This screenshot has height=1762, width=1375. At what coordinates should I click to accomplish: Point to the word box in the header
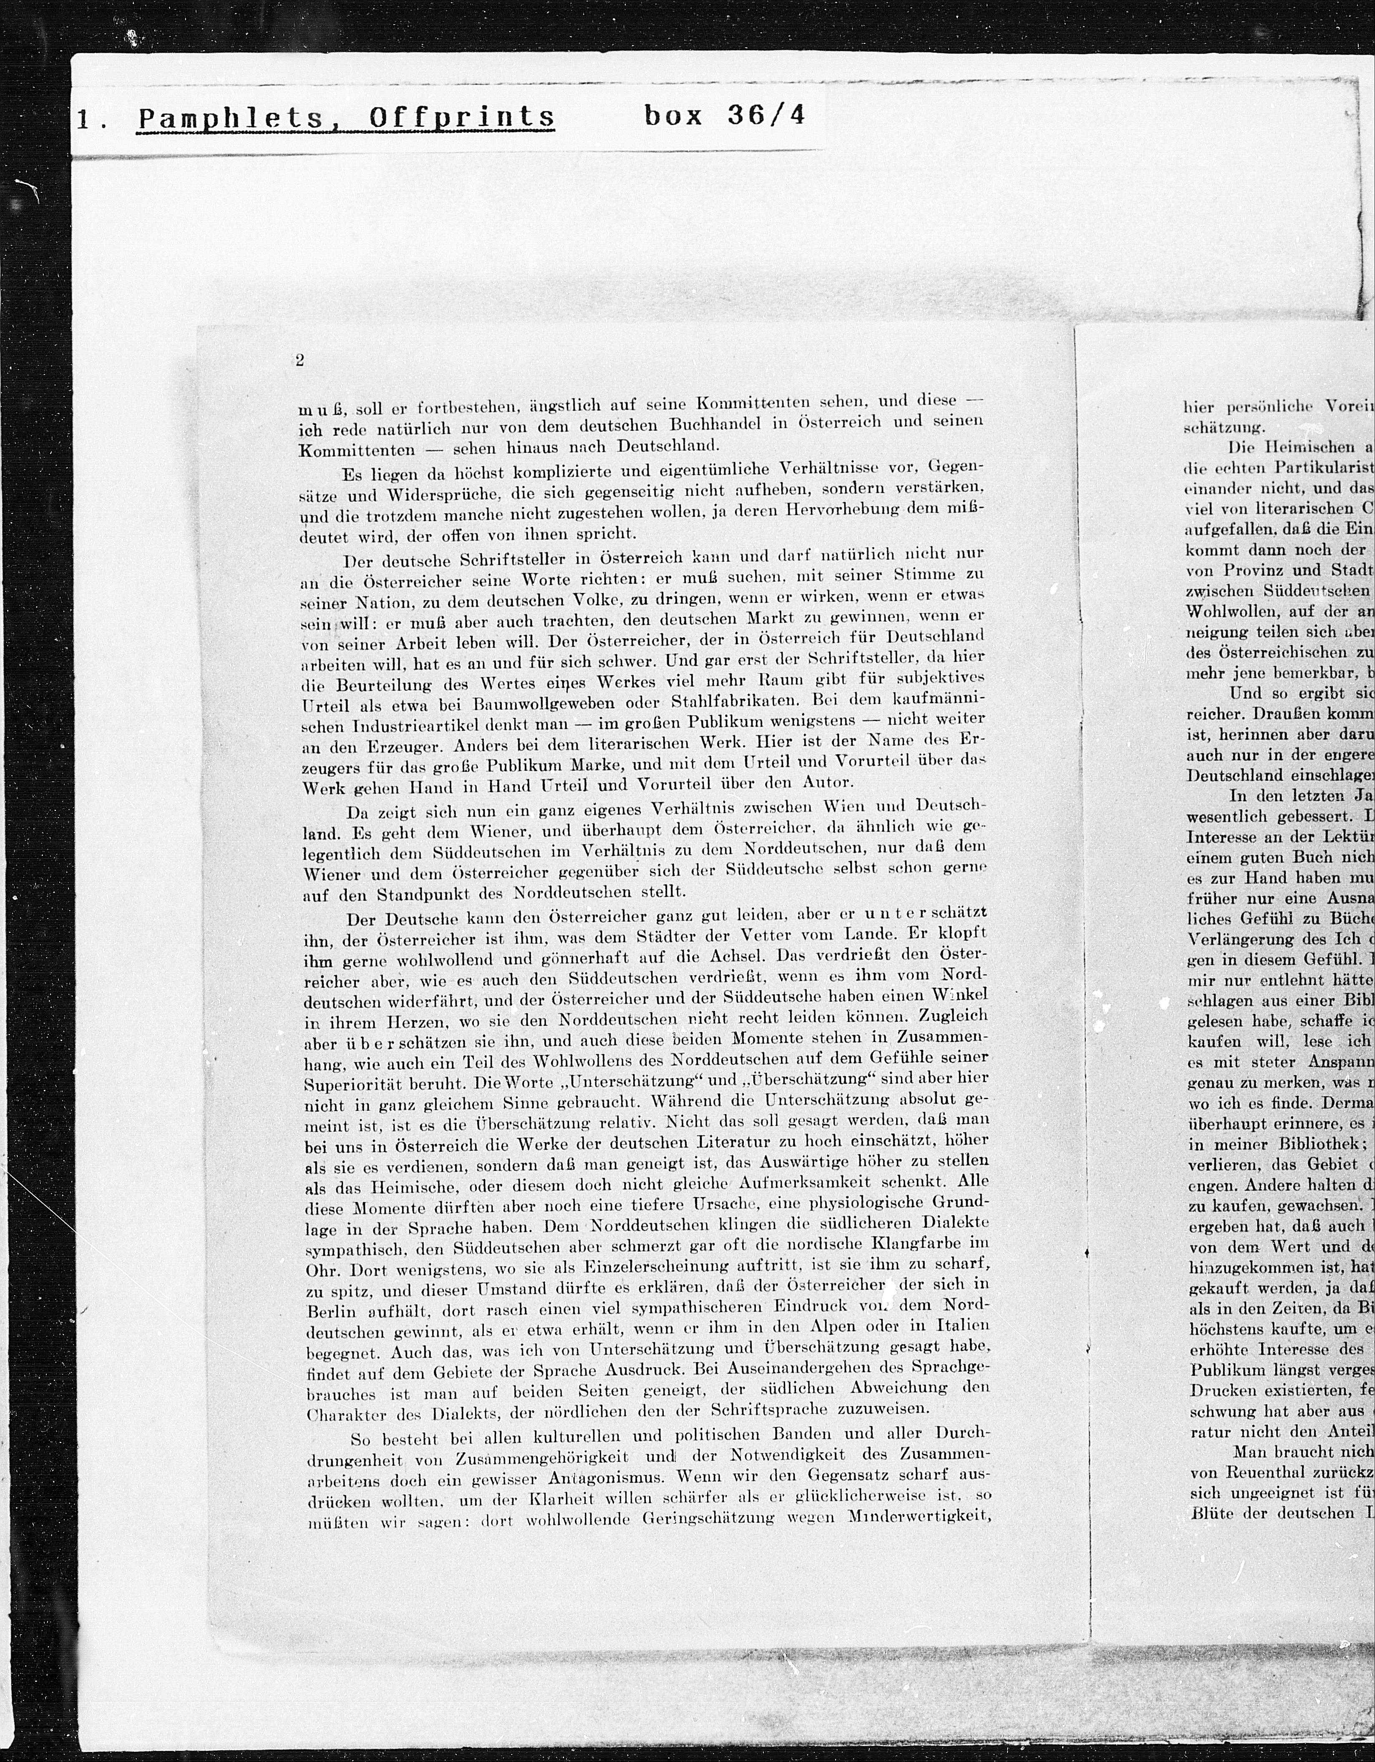pos(673,116)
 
